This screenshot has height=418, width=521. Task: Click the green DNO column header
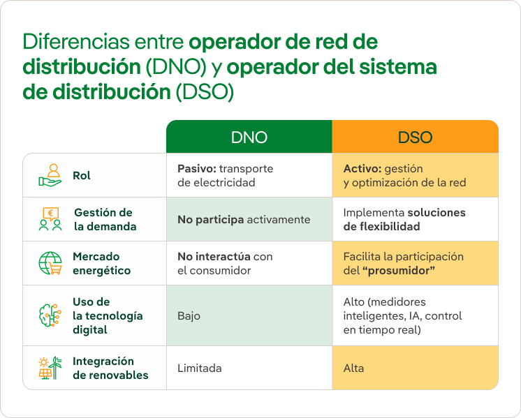pos(249,137)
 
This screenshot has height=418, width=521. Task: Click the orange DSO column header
pos(416,137)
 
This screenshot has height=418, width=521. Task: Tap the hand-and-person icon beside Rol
pos(50,175)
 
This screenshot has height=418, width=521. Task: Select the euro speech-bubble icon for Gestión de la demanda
pos(50,219)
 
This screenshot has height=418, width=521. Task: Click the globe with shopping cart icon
pos(50,263)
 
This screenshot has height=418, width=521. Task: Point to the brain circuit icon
pos(50,315)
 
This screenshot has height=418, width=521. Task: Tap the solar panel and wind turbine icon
pos(50,368)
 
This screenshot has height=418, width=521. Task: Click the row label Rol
pos(82,175)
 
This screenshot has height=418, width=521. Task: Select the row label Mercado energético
pos(102,263)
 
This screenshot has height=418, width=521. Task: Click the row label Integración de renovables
pos(110,368)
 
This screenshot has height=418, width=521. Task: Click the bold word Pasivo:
pos(197,168)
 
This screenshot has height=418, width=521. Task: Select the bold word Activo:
pos(362,168)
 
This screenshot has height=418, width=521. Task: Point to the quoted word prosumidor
pos(399,270)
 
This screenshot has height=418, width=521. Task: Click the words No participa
pos(211,219)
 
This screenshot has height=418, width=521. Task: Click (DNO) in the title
pos(176,67)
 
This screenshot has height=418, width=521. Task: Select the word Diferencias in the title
pos(76,41)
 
